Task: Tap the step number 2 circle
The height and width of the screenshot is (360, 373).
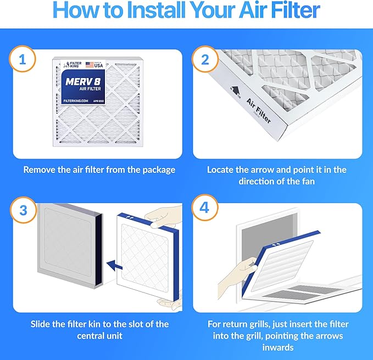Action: (205, 60)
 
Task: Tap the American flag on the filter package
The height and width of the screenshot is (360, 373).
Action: (90, 64)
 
